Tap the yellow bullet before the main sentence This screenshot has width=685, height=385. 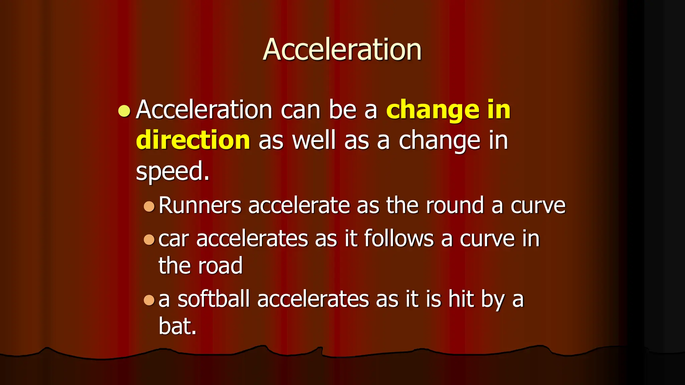[124, 111]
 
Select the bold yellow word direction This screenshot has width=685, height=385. [193, 140]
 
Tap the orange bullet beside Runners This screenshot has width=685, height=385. [149, 206]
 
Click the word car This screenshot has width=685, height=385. [173, 239]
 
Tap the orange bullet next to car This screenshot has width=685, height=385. [149, 240]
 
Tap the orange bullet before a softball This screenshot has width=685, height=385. [149, 300]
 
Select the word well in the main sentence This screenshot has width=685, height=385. [313, 140]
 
